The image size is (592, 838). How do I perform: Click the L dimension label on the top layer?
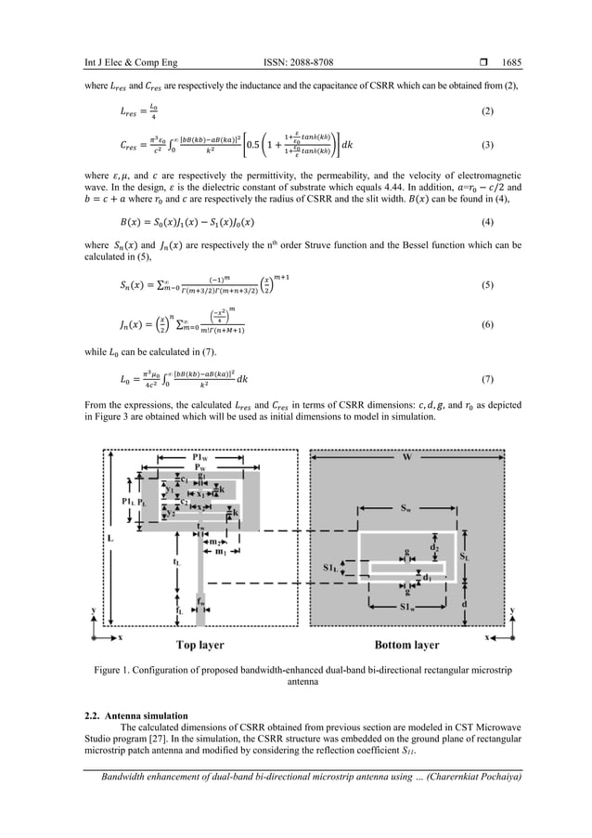point(111,538)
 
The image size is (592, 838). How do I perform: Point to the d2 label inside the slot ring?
point(434,548)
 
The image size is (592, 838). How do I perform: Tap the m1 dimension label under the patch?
point(221,552)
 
